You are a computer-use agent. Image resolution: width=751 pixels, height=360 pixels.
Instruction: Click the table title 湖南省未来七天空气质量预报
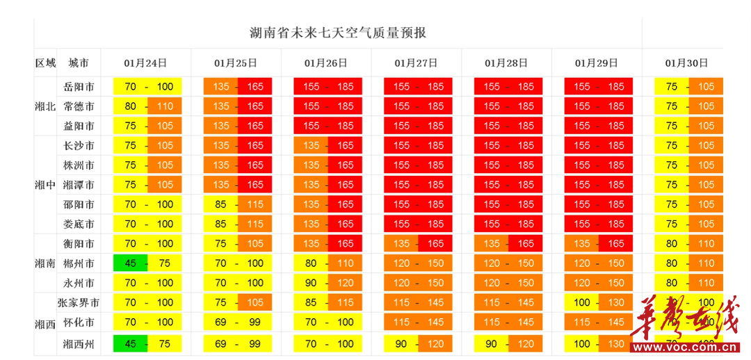(338, 33)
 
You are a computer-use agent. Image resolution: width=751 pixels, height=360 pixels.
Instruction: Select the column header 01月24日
(145, 63)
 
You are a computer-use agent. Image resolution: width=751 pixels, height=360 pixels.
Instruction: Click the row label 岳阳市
(79, 87)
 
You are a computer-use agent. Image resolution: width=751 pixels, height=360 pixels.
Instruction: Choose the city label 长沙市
(79, 146)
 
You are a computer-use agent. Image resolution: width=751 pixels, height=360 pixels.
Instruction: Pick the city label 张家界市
(79, 303)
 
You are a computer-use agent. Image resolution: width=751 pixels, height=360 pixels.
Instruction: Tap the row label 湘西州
(79, 343)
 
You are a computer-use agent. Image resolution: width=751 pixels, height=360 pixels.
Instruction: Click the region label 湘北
(45, 106)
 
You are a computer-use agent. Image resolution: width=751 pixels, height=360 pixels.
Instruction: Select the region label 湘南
(45, 263)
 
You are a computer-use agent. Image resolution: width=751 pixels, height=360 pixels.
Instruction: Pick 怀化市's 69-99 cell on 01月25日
(238, 322)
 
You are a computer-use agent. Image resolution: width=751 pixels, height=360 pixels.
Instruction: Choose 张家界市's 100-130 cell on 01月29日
(599, 303)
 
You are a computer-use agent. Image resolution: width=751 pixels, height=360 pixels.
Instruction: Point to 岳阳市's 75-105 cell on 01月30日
(688, 87)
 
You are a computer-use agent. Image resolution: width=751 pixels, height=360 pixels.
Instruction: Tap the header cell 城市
(79, 63)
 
